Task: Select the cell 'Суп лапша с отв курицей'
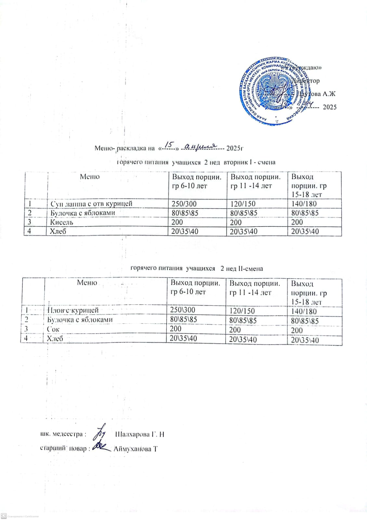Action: tap(91, 204)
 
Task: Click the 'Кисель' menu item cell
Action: tap(62, 222)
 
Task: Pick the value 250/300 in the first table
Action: tap(184, 204)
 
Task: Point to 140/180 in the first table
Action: tap(304, 204)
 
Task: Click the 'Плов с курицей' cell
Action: tap(73, 310)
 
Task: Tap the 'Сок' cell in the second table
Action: tap(53, 329)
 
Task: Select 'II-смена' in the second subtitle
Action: tap(250, 268)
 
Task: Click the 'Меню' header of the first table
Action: tap(90, 177)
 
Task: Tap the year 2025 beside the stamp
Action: tap(329, 107)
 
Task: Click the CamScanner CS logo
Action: tap(4, 516)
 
